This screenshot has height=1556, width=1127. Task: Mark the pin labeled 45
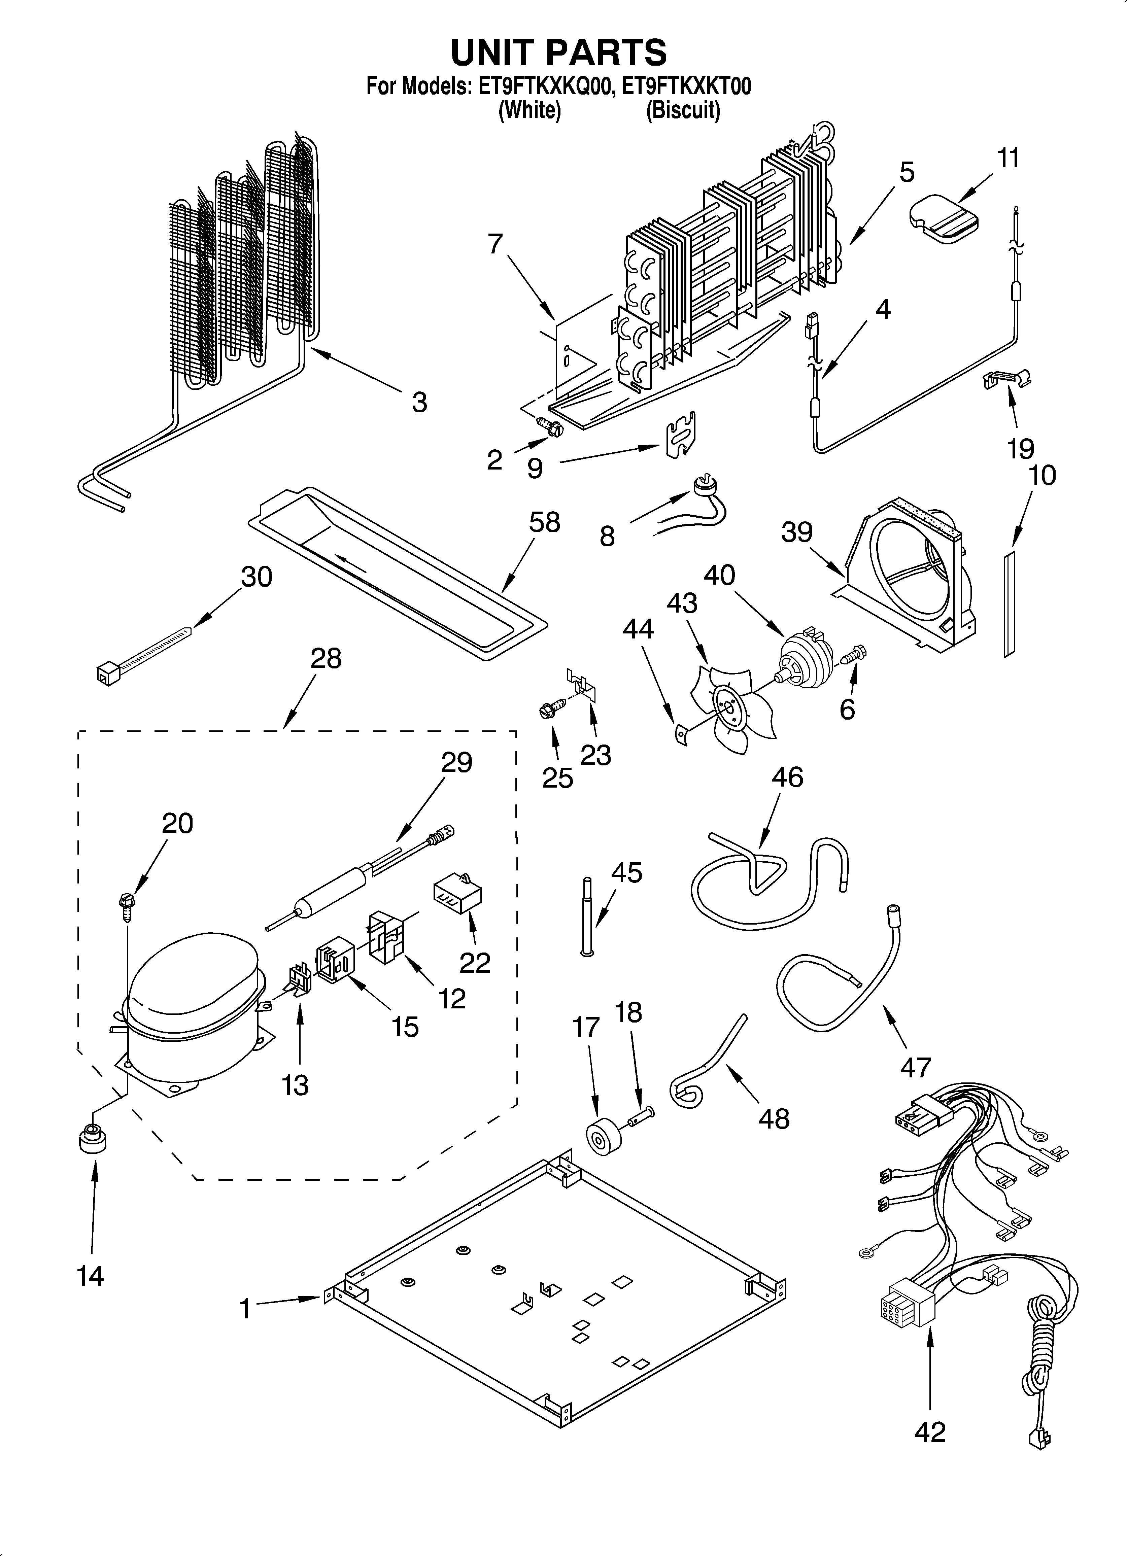(587, 916)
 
